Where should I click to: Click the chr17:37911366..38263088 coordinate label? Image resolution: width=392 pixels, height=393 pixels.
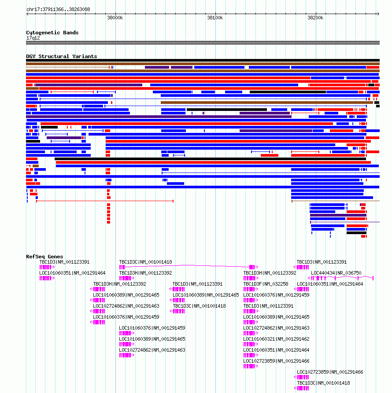(x=58, y=9)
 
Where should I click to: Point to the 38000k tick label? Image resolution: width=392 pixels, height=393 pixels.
(x=115, y=18)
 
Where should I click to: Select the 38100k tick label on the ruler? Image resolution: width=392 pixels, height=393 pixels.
(x=215, y=18)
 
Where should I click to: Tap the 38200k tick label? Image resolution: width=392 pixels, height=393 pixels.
(x=315, y=18)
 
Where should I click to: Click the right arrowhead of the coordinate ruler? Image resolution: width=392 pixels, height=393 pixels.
(x=378, y=14)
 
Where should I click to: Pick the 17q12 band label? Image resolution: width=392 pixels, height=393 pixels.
(x=33, y=38)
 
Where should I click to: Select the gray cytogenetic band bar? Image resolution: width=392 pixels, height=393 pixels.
(x=203, y=43)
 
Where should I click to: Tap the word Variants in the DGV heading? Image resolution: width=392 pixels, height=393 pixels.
(x=85, y=56)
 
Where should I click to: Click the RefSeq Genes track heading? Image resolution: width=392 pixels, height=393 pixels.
(x=44, y=257)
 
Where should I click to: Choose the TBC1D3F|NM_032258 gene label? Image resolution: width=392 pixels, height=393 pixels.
(x=266, y=284)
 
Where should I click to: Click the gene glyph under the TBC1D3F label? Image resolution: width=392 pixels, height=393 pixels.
(x=251, y=289)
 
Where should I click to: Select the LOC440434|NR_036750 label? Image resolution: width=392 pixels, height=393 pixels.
(x=336, y=273)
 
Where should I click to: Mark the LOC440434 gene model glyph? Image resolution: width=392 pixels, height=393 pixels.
(x=341, y=278)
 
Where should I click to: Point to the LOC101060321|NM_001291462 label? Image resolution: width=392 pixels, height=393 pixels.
(x=276, y=339)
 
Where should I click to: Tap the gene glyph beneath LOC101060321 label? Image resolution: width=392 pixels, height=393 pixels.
(x=251, y=345)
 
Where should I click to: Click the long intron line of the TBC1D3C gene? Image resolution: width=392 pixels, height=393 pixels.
(x=187, y=265)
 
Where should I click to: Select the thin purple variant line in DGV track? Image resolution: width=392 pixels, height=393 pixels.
(x=345, y=222)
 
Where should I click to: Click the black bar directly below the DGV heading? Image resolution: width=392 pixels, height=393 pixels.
(x=203, y=60)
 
